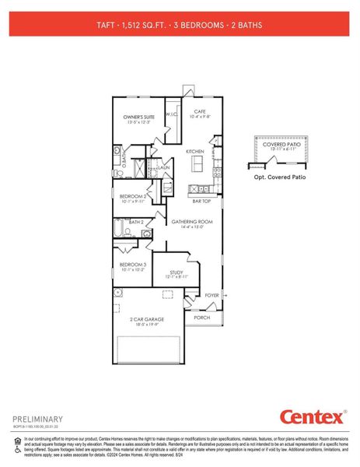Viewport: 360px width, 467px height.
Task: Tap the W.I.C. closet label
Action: coord(173,115)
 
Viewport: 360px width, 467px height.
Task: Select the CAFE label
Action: coord(199,111)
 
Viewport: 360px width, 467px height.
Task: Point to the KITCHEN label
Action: coord(194,151)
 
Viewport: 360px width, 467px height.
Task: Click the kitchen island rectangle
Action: coord(197,163)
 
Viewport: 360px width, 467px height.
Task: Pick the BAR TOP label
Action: coord(202,201)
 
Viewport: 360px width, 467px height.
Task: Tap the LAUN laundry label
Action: coord(164,167)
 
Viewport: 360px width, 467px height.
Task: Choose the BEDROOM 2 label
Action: coord(133,196)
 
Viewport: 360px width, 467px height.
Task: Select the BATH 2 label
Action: coord(136,222)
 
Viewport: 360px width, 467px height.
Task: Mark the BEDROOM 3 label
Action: coord(133,265)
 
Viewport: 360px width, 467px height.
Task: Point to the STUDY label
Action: coord(177,272)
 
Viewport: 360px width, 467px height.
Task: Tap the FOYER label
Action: coord(211,296)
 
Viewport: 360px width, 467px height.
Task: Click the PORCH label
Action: coord(201,318)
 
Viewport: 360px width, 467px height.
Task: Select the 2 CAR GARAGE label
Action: coord(145,319)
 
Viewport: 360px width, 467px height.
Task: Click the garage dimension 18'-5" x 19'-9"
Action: coord(145,326)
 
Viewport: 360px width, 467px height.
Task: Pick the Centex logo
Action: coord(310,417)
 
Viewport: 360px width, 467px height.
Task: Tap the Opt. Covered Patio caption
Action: coord(280,177)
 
